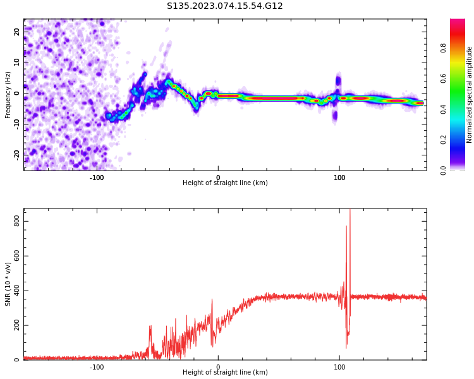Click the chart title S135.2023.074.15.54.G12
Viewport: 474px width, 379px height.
click(225, 6)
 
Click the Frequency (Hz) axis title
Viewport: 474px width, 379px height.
click(8, 95)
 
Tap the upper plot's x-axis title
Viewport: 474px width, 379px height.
click(225, 183)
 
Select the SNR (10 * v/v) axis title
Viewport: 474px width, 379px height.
click(8, 285)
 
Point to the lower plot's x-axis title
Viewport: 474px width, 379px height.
click(225, 372)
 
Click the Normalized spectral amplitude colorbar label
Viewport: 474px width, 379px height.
click(470, 95)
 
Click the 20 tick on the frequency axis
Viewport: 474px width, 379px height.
click(17, 32)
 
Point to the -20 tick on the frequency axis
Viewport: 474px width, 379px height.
click(17, 154)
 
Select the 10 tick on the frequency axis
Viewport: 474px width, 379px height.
click(17, 63)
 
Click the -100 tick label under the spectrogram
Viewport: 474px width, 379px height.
click(97, 177)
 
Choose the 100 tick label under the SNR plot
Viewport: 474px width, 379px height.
click(339, 367)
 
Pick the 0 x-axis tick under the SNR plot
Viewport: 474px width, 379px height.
click(218, 367)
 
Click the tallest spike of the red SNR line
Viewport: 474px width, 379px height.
click(350, 211)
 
